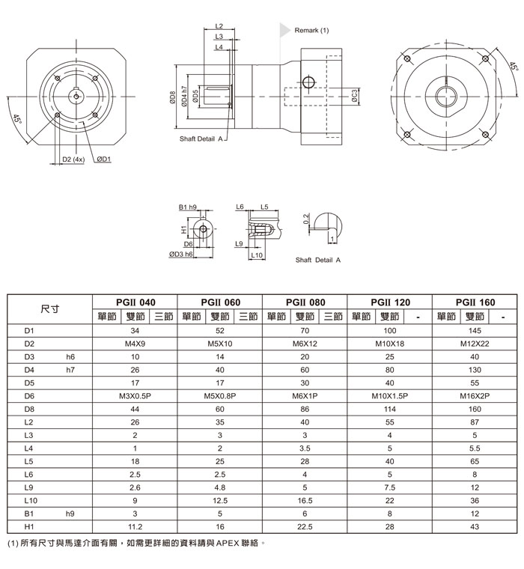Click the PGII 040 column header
[x=135, y=302]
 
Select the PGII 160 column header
[x=476, y=302]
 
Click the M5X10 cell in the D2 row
[x=220, y=344]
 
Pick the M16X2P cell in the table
[x=475, y=395]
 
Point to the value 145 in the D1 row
[x=475, y=330]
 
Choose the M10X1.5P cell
[x=389, y=395]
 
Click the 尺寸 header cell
[x=50, y=308]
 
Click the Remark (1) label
[x=311, y=31]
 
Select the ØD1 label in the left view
[x=103, y=159]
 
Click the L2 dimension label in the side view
[x=219, y=26]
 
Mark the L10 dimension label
[x=255, y=255]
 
